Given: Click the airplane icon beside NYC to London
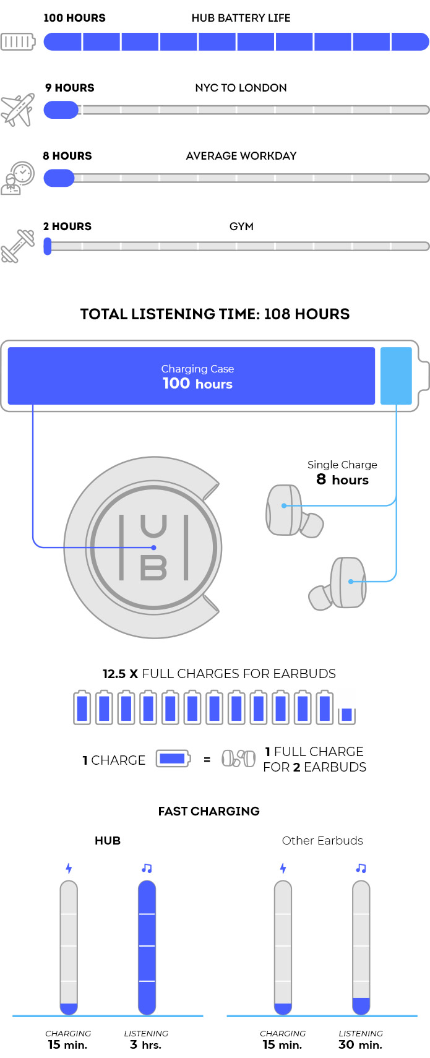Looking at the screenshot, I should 17,110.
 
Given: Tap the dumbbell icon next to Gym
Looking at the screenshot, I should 17,246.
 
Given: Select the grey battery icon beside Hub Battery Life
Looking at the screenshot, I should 18,42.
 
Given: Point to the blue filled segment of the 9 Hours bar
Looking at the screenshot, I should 61,110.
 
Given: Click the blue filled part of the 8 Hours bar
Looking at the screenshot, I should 59,178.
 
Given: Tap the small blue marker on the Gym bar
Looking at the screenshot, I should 48,246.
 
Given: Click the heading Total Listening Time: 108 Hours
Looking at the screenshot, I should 215,314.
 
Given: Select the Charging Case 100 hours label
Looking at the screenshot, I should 197,376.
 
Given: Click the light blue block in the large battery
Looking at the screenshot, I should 396,376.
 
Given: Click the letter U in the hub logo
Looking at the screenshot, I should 153,527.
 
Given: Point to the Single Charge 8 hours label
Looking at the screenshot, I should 342,473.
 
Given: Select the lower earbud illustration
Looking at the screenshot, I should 340,584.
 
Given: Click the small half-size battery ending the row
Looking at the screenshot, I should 346,715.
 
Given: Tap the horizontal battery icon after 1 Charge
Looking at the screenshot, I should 173,759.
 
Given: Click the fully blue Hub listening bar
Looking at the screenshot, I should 147,947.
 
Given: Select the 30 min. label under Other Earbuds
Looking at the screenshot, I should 360,1045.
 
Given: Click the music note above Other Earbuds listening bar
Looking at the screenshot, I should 361,868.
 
